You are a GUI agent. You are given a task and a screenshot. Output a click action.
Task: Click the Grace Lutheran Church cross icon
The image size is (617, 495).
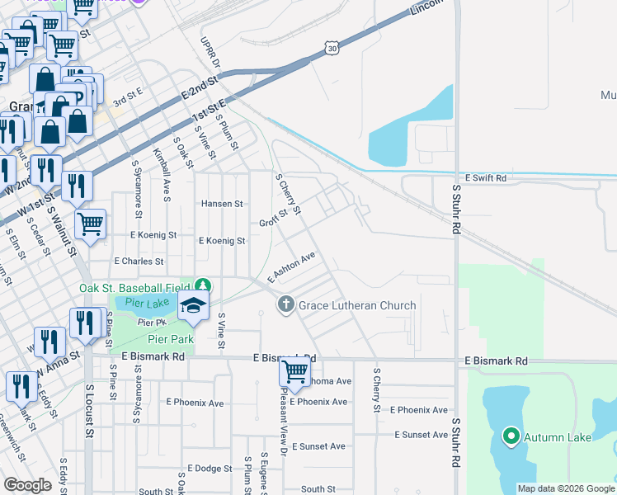click(285, 305)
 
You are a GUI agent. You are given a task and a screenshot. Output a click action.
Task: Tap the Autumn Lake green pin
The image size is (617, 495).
click(511, 436)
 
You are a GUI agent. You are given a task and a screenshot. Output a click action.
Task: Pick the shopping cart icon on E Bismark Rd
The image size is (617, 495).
click(294, 372)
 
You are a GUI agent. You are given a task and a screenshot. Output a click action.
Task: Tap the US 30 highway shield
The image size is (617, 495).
click(332, 49)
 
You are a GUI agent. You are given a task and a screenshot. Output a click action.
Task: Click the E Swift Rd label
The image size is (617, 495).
click(485, 177)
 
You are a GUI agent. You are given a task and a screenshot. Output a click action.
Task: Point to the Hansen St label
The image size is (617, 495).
click(222, 203)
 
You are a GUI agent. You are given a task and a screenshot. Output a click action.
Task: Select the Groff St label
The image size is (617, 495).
click(273, 218)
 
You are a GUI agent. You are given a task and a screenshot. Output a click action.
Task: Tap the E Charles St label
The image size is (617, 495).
click(139, 261)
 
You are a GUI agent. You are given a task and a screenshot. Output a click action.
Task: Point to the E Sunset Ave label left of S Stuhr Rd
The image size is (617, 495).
click(421, 435)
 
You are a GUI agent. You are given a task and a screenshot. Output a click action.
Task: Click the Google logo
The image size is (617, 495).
click(27, 485)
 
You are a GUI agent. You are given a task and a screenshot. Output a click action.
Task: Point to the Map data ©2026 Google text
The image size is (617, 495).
click(565, 488)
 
